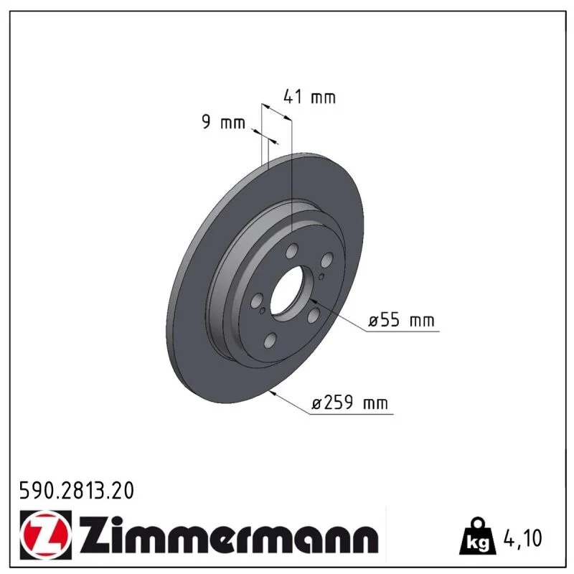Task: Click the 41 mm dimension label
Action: point(309,97)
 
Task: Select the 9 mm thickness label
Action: point(223,122)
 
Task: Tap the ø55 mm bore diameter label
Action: point(401,320)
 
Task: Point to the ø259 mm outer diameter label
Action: point(349,403)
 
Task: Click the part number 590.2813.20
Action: point(77,491)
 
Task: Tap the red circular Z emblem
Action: point(46,535)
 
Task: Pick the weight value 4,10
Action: point(523,538)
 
